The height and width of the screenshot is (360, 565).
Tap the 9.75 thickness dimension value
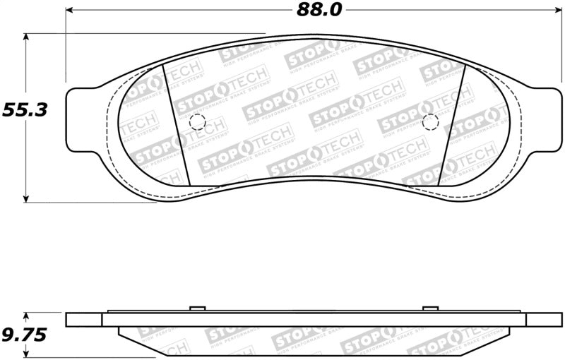(x=23, y=335)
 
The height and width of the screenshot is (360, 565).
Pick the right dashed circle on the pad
(x=429, y=122)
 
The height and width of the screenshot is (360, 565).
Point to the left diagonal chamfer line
(x=174, y=123)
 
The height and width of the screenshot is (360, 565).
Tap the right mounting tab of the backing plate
(x=547, y=121)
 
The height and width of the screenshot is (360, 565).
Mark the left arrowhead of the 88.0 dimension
(x=70, y=11)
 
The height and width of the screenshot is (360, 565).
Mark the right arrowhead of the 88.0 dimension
(x=554, y=11)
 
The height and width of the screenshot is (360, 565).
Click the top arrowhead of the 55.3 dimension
(x=27, y=37)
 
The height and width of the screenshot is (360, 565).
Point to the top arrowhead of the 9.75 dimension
(x=27, y=316)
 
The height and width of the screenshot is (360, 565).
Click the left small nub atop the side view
(x=198, y=308)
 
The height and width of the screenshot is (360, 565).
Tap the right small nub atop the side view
(x=430, y=308)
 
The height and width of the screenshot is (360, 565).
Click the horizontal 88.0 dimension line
(x=177, y=11)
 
